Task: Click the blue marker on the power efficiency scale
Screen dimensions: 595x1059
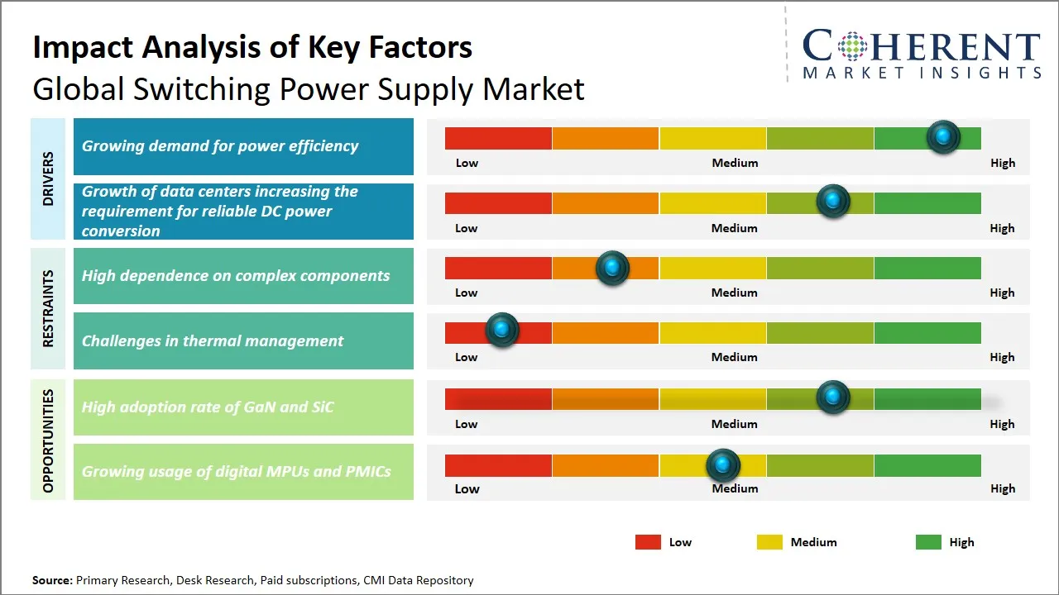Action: (x=943, y=136)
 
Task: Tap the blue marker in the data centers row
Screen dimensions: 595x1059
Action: (x=833, y=201)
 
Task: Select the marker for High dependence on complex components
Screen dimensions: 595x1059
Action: (x=612, y=268)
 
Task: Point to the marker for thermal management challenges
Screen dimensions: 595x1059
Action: (x=501, y=330)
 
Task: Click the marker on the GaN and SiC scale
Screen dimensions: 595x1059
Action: (x=833, y=397)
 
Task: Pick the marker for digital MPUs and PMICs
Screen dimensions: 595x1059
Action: (x=723, y=465)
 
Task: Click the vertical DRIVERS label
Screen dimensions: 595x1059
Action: (x=48, y=178)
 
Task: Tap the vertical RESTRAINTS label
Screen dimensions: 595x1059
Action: (x=48, y=308)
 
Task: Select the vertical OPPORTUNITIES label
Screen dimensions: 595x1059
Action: (x=48, y=440)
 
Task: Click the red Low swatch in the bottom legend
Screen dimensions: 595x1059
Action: (x=648, y=542)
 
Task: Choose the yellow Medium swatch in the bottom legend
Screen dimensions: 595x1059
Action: (x=769, y=542)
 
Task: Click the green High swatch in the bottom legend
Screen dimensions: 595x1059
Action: (x=928, y=542)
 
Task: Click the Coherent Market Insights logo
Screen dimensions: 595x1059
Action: (x=921, y=54)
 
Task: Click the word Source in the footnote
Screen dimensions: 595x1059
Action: (x=51, y=580)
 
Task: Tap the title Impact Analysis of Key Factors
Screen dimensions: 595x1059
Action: (x=252, y=48)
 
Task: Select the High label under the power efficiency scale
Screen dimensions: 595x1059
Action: (x=1002, y=163)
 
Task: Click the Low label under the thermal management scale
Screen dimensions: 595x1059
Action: (x=466, y=357)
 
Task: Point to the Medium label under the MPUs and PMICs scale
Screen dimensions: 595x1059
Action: (x=735, y=488)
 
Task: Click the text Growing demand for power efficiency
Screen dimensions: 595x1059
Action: (x=220, y=146)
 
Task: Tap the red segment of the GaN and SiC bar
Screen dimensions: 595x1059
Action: (x=498, y=399)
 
